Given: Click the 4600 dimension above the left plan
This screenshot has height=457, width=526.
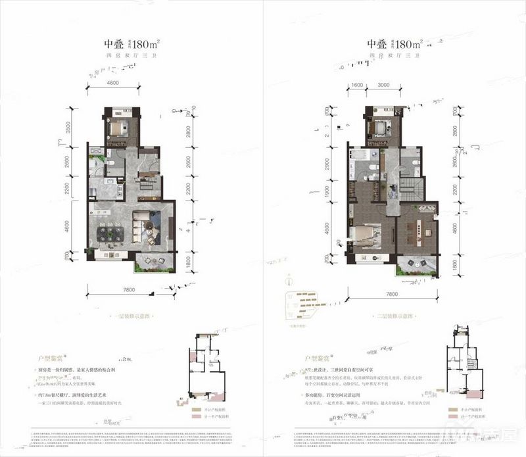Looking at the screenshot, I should click(112, 83).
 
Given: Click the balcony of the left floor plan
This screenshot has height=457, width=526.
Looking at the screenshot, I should click(154, 263).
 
